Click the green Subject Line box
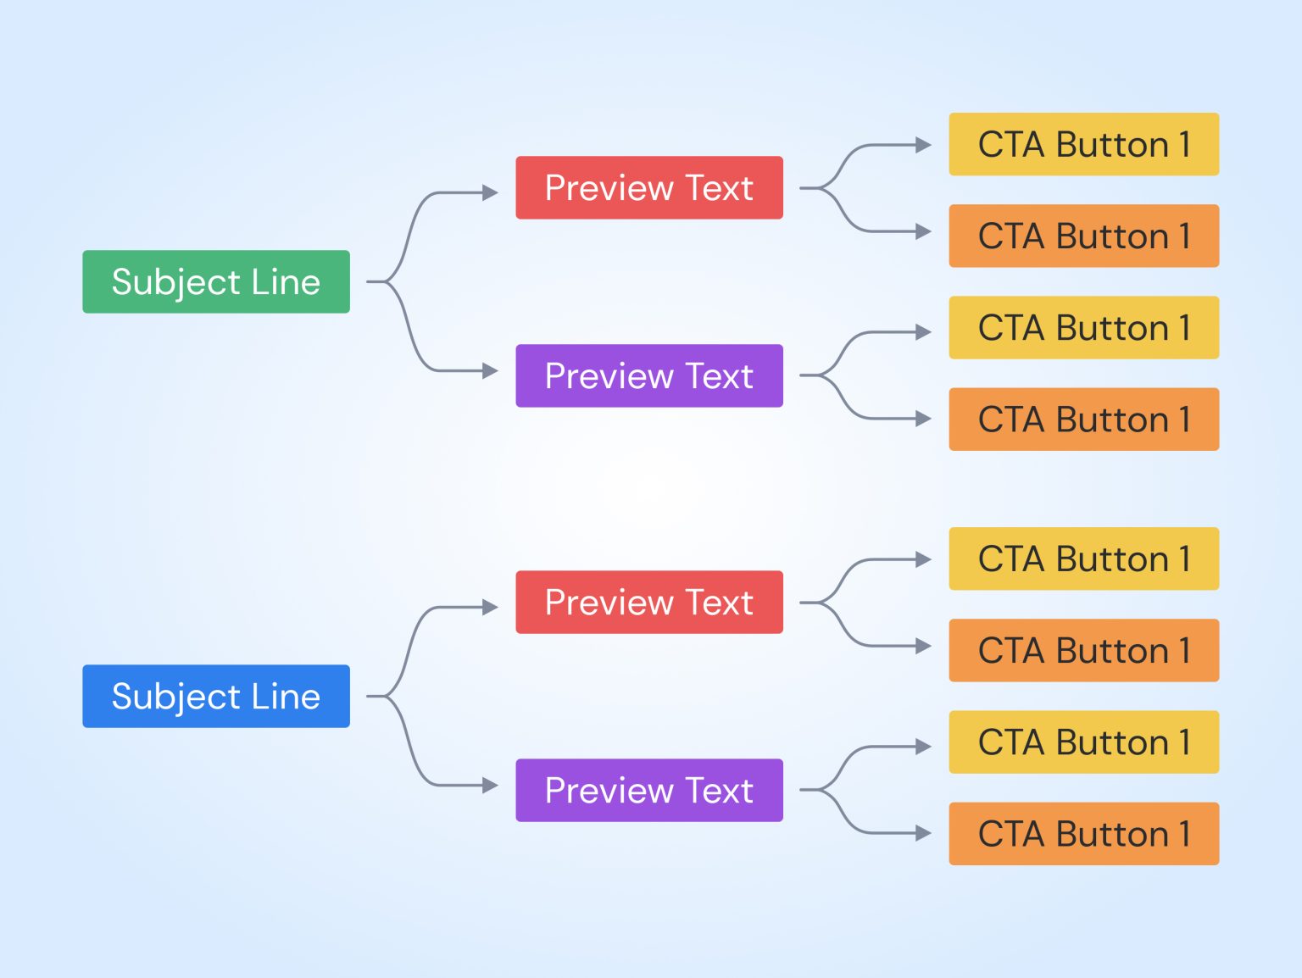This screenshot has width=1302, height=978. pos(215,281)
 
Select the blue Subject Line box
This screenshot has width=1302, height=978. pos(215,696)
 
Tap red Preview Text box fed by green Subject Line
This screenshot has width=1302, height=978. pos(648,187)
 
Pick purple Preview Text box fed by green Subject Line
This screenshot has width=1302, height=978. pos(648,375)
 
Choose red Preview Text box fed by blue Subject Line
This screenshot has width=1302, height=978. pos(648,602)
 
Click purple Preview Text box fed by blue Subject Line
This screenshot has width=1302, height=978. pos(648,790)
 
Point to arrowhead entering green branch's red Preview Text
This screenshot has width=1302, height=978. pos(490,192)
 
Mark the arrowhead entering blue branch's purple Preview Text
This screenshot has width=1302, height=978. pos(490,786)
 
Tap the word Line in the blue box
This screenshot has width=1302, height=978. pos(286,696)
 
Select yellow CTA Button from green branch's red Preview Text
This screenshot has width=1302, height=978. pos(1083,144)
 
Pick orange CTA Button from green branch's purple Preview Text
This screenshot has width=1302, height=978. pos(1083,419)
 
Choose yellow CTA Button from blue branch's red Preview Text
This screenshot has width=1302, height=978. pos(1083,558)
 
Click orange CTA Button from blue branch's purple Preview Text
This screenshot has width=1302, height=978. pos(1083,833)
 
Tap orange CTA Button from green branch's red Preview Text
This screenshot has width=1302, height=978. pos(1083,236)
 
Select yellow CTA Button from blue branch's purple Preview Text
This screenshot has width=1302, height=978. pos(1083,742)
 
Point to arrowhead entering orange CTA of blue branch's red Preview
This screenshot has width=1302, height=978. pos(923,647)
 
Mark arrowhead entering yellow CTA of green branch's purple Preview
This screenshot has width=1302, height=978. pos(923,332)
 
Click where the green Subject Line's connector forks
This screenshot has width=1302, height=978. pos(388,281)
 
